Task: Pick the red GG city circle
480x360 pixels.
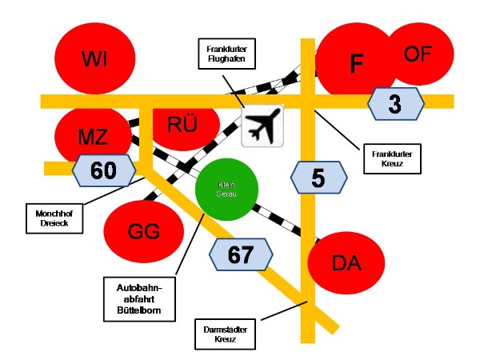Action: tap(144, 232)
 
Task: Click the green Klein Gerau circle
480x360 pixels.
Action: tap(227, 190)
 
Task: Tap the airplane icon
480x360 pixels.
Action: tap(263, 126)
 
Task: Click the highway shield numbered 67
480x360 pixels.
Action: tap(241, 255)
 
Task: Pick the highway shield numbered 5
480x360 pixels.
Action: tap(318, 178)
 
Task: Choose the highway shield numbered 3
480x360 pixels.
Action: tap(395, 102)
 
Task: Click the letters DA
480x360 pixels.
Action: tap(346, 263)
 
